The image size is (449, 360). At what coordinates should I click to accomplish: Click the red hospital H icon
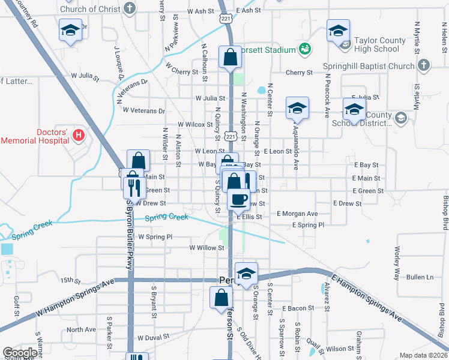click(x=77, y=134)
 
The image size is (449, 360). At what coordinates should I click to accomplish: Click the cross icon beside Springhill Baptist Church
click(x=423, y=65)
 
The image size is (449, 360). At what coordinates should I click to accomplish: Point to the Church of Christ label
click(x=90, y=9)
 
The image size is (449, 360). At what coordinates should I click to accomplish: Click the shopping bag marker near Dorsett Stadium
click(x=230, y=58)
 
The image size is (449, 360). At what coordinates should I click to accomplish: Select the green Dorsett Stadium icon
click(x=305, y=49)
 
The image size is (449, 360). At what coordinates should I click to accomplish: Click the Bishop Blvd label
click(x=445, y=212)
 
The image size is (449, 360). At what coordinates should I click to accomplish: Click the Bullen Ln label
click(x=420, y=277)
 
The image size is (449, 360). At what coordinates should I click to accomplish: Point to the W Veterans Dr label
click(x=143, y=110)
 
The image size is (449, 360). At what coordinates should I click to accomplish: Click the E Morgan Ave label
click(x=297, y=214)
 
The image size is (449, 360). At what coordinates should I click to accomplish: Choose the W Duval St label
click(x=156, y=338)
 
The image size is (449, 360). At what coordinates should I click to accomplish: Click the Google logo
click(x=20, y=353)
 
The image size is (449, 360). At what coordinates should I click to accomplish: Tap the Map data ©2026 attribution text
click(x=423, y=355)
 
